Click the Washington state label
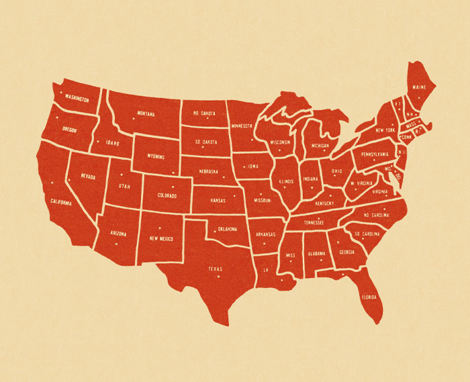(77, 99)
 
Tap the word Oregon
(69, 130)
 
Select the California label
(60, 201)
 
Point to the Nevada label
(89, 178)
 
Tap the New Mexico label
(162, 238)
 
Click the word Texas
(215, 269)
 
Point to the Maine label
(420, 87)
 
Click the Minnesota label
(242, 126)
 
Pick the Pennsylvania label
(375, 154)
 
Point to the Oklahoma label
(227, 229)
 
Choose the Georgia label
(347, 252)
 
